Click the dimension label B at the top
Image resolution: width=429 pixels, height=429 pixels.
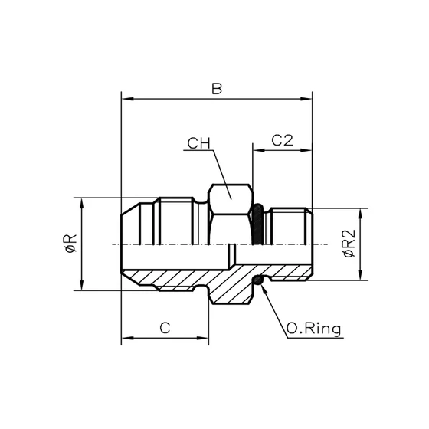(x=217, y=89)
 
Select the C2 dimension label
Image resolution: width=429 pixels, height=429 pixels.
(x=283, y=140)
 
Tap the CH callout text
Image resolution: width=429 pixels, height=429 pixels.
(x=198, y=143)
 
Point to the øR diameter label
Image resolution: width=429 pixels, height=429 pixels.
(x=70, y=244)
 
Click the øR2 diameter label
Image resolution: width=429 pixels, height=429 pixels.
(x=349, y=244)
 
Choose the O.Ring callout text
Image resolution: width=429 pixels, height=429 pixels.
(x=314, y=329)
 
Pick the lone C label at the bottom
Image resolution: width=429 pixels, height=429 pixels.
(x=165, y=328)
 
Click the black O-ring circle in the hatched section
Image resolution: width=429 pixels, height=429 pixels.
(x=258, y=280)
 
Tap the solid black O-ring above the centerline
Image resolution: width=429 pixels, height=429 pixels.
(x=258, y=224)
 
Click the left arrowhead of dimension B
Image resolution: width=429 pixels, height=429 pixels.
(x=127, y=99)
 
